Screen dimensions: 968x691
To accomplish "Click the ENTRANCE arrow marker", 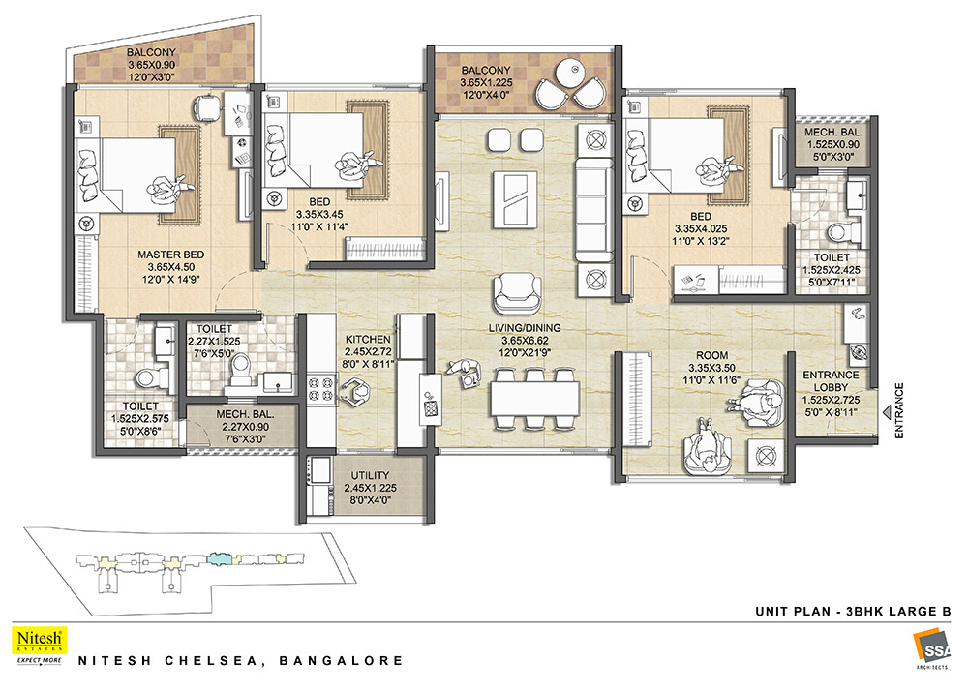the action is click(886, 411).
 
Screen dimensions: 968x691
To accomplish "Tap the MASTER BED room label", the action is click(171, 255).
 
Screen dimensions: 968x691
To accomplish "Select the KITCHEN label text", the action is click(368, 340).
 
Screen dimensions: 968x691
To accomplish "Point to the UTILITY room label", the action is click(370, 476).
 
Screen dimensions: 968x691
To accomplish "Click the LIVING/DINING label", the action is click(525, 328).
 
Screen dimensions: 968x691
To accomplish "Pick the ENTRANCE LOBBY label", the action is click(831, 381).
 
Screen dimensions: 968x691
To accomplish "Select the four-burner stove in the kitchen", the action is click(321, 391).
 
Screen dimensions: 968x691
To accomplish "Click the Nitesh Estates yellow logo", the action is click(40, 641).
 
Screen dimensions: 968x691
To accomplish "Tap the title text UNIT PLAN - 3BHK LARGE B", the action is click(853, 612).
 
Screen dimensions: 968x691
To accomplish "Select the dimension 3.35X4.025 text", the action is click(701, 229).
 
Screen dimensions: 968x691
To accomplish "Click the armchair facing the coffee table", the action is click(517, 293).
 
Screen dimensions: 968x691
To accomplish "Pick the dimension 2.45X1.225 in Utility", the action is click(371, 488).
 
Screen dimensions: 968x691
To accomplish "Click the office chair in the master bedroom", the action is click(207, 108).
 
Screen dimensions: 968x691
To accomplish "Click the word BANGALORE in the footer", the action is click(342, 661).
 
